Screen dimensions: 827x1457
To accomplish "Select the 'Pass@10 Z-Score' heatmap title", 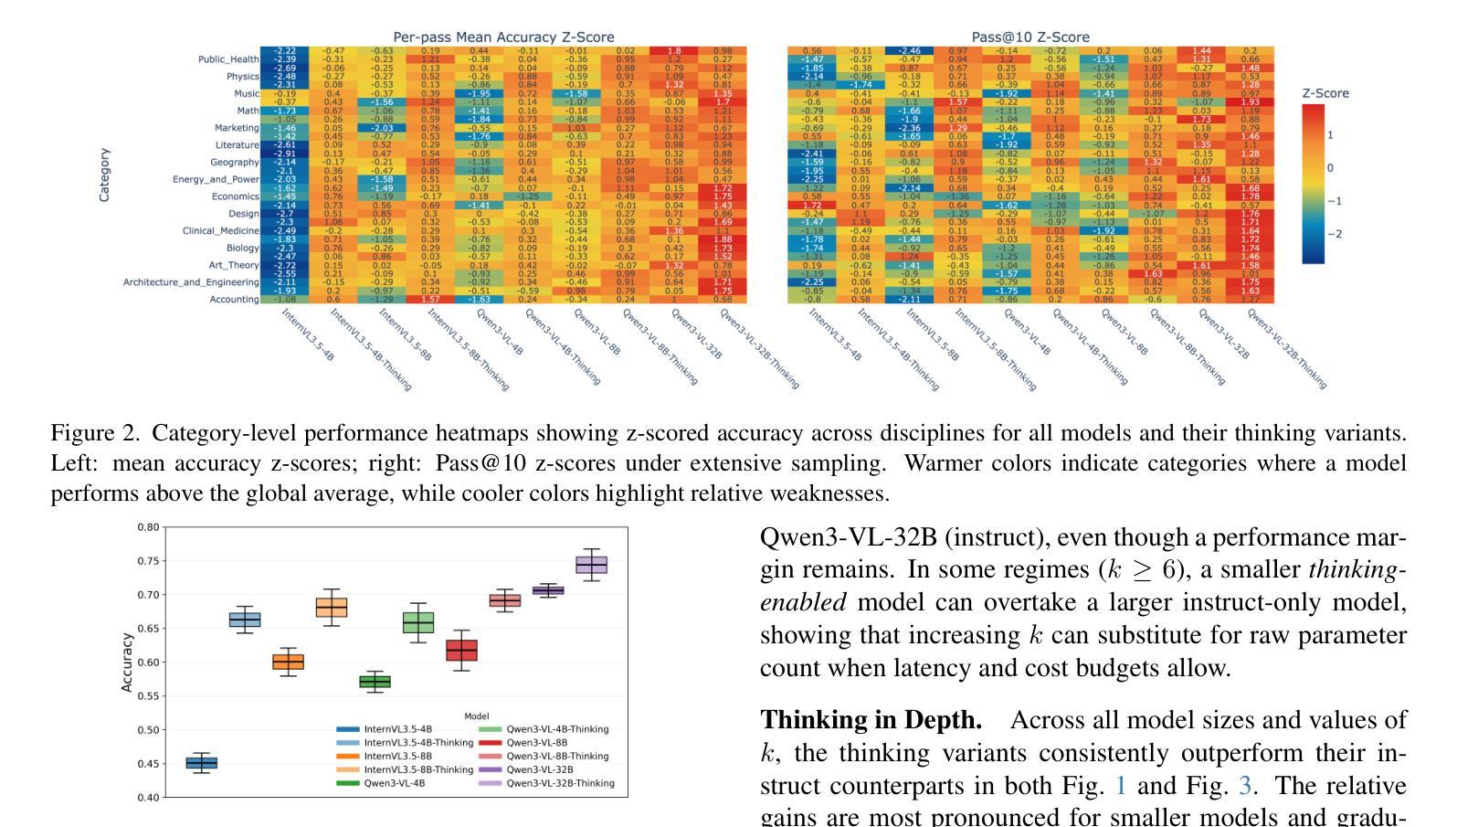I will pyautogui.click(x=1030, y=37).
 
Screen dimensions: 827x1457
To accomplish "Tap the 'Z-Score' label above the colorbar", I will pyautogui.click(x=1325, y=93).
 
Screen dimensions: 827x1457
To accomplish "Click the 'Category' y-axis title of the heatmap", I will pyautogui.click(x=105, y=175).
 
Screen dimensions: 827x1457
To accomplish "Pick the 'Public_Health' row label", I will pyautogui.click(x=228, y=59).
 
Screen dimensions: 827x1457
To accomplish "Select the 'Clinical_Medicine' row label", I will pyautogui.click(x=220, y=231).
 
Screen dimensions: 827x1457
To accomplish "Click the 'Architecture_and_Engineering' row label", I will pyautogui.click(x=191, y=282).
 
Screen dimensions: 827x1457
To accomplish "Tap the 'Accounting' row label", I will pyautogui.click(x=235, y=300).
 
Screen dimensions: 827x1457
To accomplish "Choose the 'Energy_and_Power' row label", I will pyautogui.click(x=216, y=179).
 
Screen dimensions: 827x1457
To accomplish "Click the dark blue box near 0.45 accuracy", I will pyautogui.click(x=202, y=763).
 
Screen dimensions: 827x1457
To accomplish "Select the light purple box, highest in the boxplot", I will pyautogui.click(x=592, y=565).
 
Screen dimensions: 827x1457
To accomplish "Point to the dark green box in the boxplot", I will pyautogui.click(x=375, y=682).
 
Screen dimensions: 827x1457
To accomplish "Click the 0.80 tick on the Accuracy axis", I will pyautogui.click(x=148, y=527).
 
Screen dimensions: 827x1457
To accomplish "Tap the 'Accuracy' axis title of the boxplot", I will pyautogui.click(x=127, y=663).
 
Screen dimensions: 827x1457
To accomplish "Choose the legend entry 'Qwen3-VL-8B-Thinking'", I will pyautogui.click(x=556, y=757).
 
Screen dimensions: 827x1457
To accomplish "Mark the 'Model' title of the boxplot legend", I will pyautogui.click(x=476, y=716).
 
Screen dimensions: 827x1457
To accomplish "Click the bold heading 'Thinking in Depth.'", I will pyautogui.click(x=871, y=721).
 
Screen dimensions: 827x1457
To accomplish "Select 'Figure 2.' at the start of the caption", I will pyautogui.click(x=95, y=433).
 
